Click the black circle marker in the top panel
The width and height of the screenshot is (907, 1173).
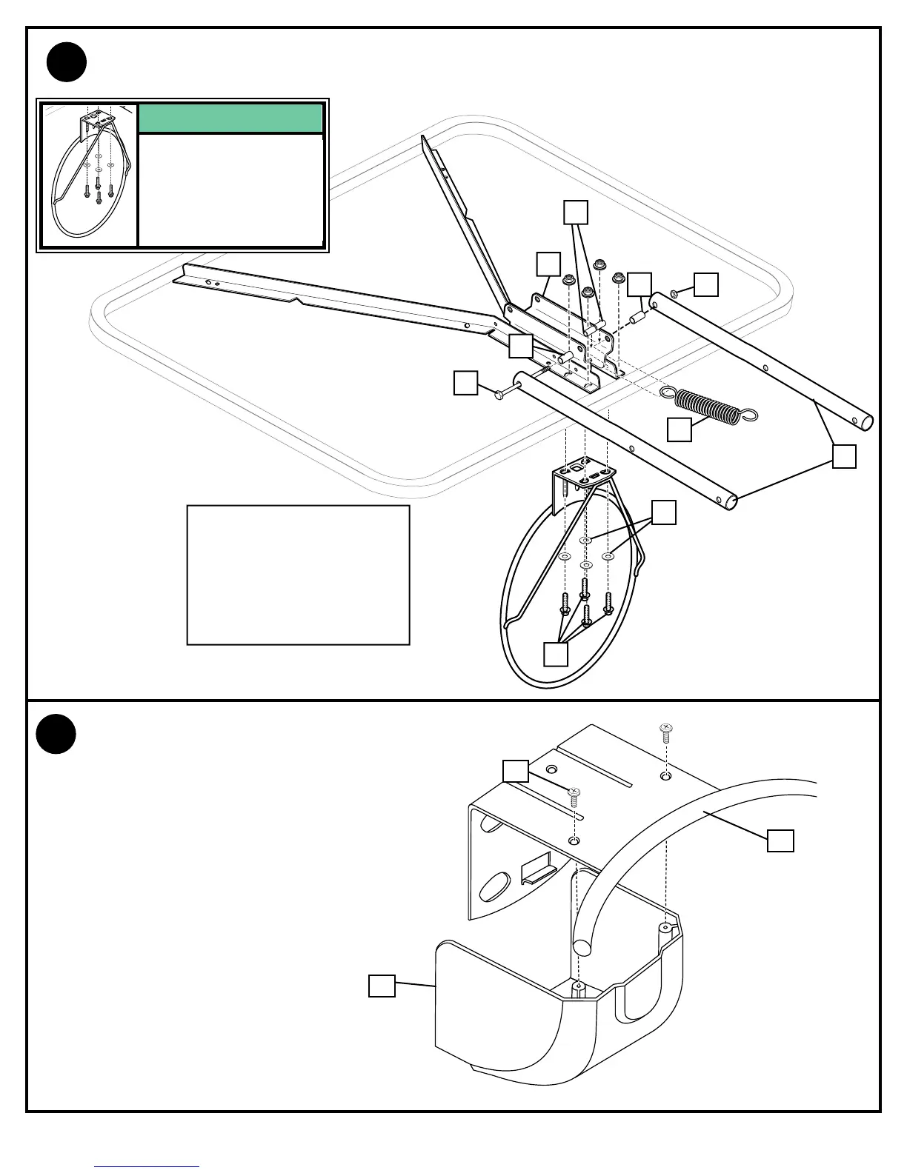click(67, 62)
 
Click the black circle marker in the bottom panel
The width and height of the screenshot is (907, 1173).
click(56, 734)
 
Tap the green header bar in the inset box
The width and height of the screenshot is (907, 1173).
click(230, 118)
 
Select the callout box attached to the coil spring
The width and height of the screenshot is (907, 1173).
click(680, 430)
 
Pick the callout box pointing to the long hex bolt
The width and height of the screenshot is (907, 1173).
click(465, 383)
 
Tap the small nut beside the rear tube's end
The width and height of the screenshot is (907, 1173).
click(674, 295)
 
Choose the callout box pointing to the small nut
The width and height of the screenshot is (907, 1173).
click(706, 284)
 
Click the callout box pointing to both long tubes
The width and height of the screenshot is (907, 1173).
click(844, 456)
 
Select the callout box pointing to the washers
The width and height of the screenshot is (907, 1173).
click(664, 512)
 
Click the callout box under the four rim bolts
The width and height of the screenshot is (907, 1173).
click(556, 654)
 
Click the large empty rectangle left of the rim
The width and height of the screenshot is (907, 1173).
click(298, 575)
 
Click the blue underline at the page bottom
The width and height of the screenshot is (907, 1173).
click(147, 1167)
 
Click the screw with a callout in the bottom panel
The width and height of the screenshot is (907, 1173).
click(574, 797)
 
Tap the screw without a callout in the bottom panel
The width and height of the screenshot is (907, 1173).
click(666, 733)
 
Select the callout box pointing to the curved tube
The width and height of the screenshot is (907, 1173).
click(780, 841)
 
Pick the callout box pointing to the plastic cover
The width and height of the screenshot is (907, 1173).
click(382, 986)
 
